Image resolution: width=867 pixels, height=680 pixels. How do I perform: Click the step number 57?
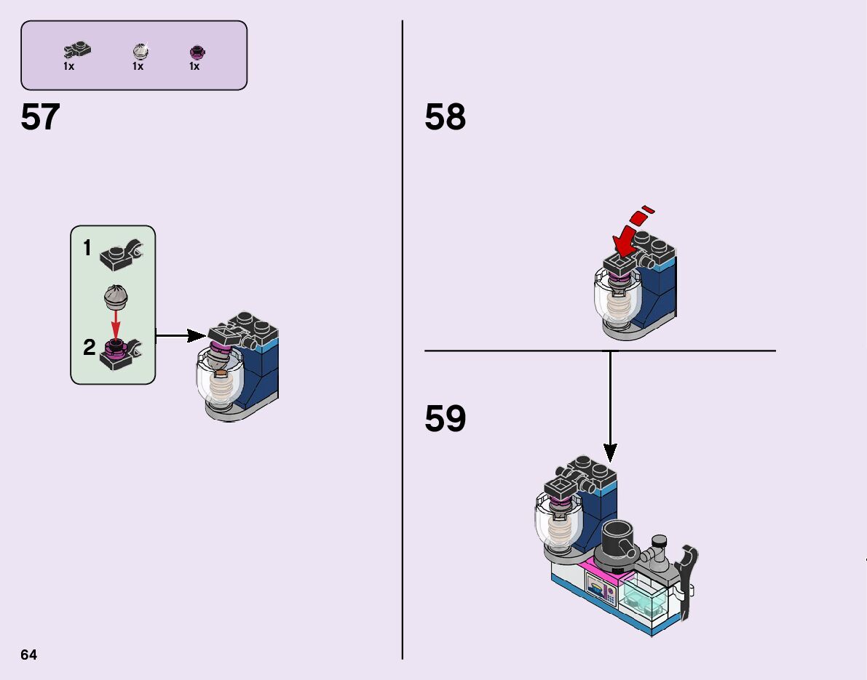pyautogui.click(x=40, y=118)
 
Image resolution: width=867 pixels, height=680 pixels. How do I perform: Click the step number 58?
pyautogui.click(x=445, y=118)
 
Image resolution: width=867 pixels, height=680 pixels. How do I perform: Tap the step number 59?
pyautogui.click(x=445, y=419)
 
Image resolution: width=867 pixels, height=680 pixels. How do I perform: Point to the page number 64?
pyautogui.click(x=28, y=655)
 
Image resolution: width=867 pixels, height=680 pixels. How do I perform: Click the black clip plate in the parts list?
pyautogui.click(x=78, y=50)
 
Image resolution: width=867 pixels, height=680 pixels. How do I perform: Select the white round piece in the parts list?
pyautogui.click(x=139, y=50)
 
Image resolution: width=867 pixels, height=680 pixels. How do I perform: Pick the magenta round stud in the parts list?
pyautogui.click(x=195, y=51)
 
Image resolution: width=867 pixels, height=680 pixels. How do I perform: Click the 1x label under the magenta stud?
pyautogui.click(x=194, y=66)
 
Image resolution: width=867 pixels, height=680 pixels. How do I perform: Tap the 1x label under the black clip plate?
pyautogui.click(x=68, y=66)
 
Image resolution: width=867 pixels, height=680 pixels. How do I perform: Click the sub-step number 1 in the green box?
pyautogui.click(x=87, y=249)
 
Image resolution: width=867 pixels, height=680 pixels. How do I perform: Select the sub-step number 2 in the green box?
pyautogui.click(x=89, y=348)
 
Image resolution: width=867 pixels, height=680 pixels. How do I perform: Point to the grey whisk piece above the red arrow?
pyautogui.click(x=116, y=297)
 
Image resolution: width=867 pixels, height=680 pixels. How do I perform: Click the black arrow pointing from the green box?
pyautogui.click(x=181, y=335)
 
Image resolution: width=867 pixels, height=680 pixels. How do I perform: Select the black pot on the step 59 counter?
pyautogui.click(x=618, y=539)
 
